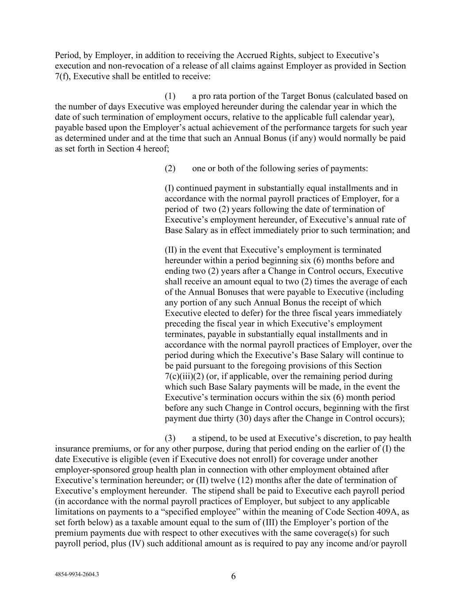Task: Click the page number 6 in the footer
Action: tap(233, 577)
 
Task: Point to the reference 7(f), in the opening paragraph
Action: tap(65, 76)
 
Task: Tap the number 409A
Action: tap(391, 512)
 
